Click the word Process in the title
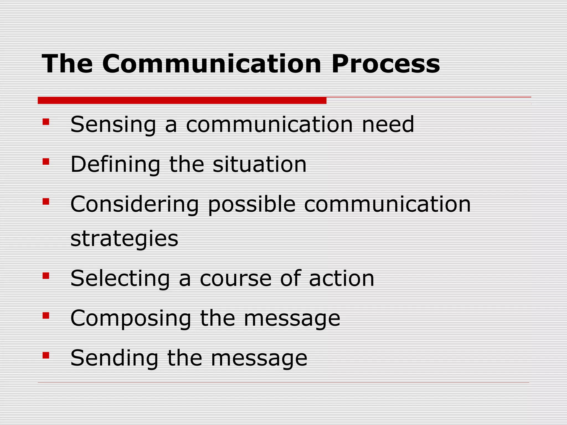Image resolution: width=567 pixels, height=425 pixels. tap(385, 64)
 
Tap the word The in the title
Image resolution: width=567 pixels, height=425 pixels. tap(67, 64)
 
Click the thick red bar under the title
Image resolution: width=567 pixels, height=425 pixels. tap(182, 100)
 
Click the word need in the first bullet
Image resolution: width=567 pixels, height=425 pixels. tap(388, 125)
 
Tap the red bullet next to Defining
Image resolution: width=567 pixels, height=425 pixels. tap(46, 161)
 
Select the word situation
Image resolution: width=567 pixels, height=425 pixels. tap(259, 164)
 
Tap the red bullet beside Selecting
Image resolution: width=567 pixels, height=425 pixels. tap(46, 276)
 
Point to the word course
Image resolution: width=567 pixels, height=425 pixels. tap(236, 279)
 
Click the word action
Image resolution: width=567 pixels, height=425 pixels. tap(341, 279)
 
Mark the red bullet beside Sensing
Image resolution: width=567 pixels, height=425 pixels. tap(46, 122)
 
